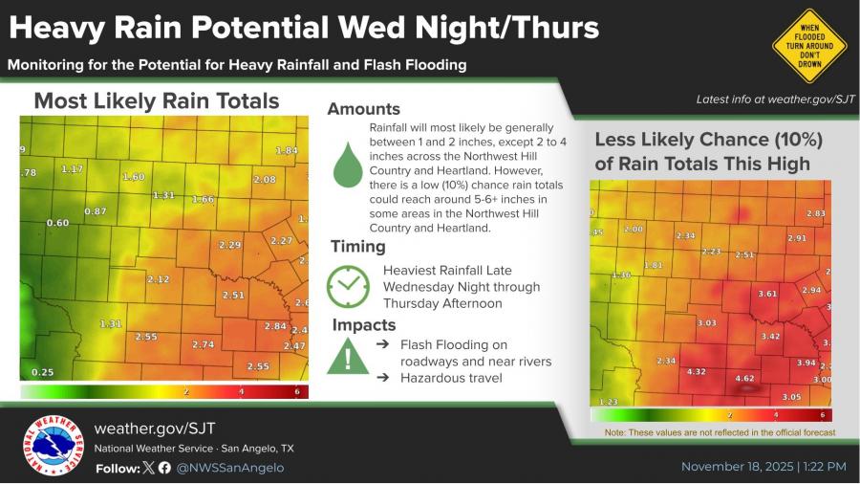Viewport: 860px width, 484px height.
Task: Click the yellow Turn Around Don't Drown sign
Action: [809, 45]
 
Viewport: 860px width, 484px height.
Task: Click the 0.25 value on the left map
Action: [42, 372]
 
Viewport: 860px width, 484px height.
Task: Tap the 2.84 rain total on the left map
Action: [275, 326]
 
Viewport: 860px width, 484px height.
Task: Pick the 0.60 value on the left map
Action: [57, 223]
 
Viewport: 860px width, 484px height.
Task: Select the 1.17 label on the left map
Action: [72, 168]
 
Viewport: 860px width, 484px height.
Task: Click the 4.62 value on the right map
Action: [744, 379]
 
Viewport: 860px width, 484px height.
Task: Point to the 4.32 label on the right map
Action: [697, 371]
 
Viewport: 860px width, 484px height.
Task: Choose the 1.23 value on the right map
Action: [608, 403]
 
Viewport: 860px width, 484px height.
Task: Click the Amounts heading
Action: [364, 109]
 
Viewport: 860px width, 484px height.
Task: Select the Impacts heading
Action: [363, 325]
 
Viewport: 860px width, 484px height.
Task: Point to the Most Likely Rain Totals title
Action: [157, 100]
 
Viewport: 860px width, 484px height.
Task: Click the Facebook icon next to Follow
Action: [164, 468]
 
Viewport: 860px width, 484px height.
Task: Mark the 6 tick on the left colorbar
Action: [297, 392]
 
